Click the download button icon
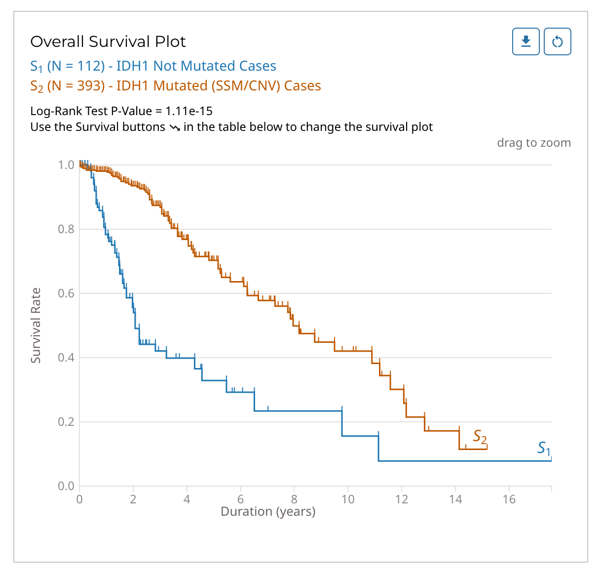[526, 41]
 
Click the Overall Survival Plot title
[108, 42]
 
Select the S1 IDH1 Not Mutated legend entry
[153, 66]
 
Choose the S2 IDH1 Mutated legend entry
[175, 86]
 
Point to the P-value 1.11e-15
[189, 111]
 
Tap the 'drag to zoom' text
[534, 143]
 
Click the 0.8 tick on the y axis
[66, 229]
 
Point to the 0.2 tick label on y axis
[66, 422]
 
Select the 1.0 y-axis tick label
[66, 165]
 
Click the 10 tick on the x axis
[348, 499]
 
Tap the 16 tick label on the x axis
[509, 499]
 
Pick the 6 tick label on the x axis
[241, 499]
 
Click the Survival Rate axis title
[36, 326]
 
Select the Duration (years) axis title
[268, 511]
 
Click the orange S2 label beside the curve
[480, 437]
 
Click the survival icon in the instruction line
[175, 127]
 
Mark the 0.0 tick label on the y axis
[66, 486]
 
